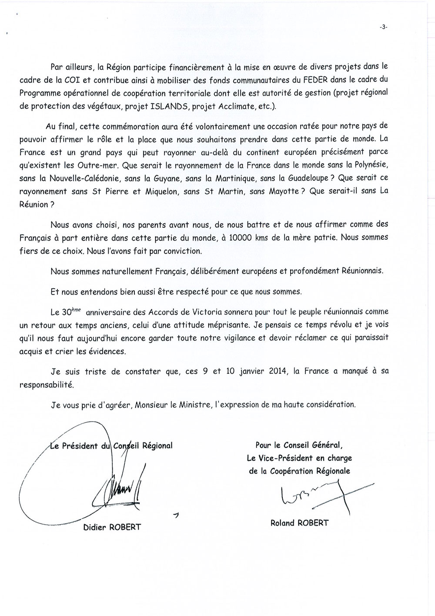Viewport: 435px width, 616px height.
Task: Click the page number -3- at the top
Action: [x=383, y=27]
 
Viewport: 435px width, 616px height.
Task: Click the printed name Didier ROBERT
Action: [x=112, y=527]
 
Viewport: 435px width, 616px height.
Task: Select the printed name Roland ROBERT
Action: [x=299, y=522]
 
